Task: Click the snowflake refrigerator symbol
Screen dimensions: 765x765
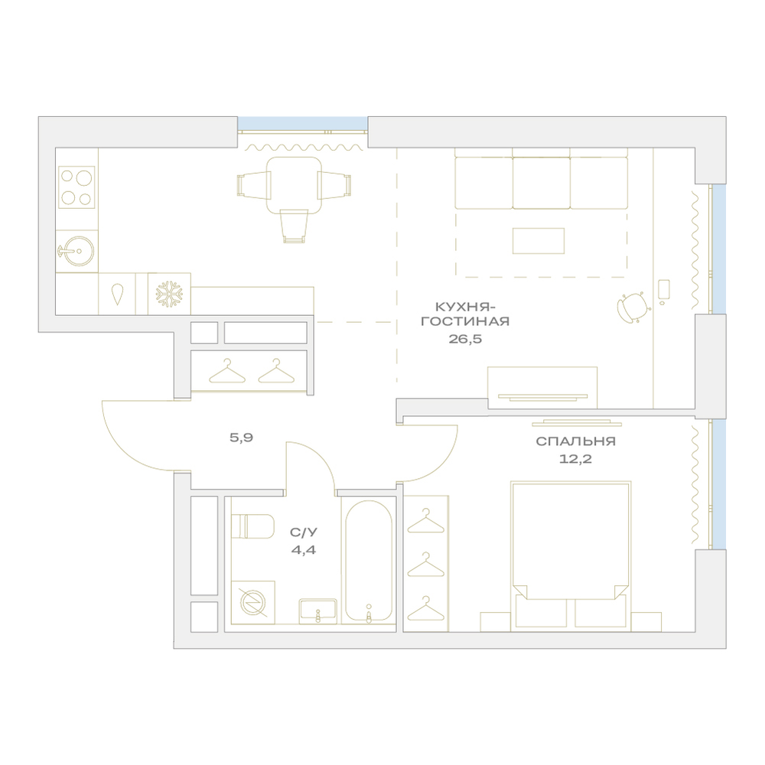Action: (169, 294)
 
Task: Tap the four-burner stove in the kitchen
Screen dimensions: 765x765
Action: (76, 187)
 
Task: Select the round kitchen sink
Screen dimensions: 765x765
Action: (77, 251)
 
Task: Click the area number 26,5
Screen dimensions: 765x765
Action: (465, 339)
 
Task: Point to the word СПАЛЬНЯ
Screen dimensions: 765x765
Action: (576, 441)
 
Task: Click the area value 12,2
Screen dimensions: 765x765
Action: (576, 459)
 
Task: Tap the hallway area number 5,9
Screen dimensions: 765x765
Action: (242, 438)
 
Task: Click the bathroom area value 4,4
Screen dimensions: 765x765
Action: (304, 550)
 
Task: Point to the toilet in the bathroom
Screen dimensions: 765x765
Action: (252, 526)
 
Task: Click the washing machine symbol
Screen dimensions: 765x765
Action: (252, 602)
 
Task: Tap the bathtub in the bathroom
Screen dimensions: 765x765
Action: (369, 562)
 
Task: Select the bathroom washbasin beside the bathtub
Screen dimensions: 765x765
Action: (318, 611)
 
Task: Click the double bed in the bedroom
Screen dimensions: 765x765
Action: (571, 555)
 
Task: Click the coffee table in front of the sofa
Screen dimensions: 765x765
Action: (539, 240)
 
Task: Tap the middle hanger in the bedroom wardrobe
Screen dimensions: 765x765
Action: (426, 565)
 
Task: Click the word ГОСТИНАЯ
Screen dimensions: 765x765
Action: (465, 321)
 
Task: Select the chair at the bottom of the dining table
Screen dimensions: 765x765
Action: (295, 226)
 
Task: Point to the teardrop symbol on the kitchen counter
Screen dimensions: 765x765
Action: (117, 295)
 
